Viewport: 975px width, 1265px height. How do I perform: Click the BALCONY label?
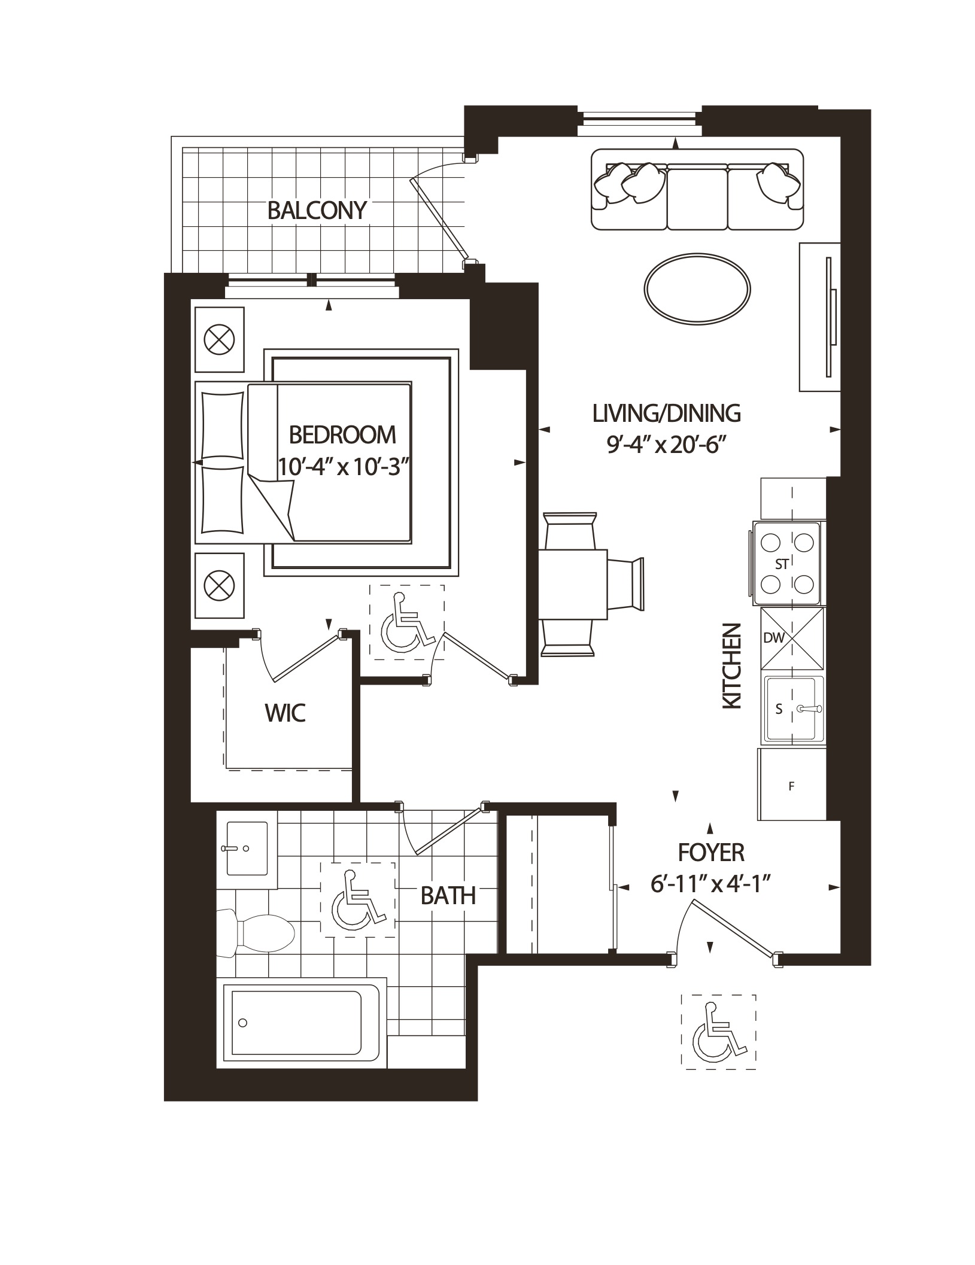[317, 211]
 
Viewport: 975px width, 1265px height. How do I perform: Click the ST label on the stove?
[782, 564]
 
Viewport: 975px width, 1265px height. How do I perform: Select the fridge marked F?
[791, 786]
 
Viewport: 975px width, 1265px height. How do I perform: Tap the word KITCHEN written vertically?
[732, 667]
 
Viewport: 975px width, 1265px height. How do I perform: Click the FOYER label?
[711, 852]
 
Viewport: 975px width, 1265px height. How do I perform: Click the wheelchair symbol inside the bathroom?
[357, 899]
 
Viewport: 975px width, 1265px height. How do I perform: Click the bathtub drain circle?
[243, 1023]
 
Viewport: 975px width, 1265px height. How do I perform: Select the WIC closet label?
[285, 713]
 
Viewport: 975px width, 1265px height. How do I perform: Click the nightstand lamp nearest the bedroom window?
[219, 340]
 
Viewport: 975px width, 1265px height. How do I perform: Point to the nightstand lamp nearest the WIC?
[219, 585]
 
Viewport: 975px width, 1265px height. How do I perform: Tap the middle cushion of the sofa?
[697, 197]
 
